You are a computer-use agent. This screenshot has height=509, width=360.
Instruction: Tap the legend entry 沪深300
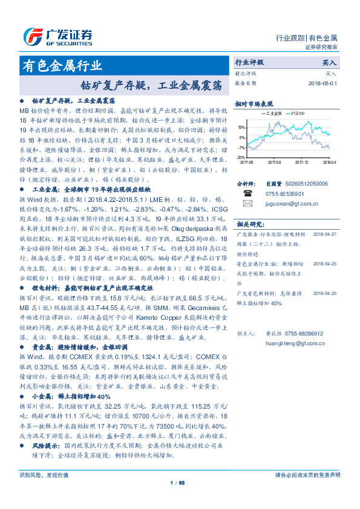pos(296,113)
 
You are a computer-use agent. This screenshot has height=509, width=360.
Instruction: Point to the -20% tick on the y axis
pos(241,157)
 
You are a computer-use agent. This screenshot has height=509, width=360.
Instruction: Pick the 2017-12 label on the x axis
pos(302,162)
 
